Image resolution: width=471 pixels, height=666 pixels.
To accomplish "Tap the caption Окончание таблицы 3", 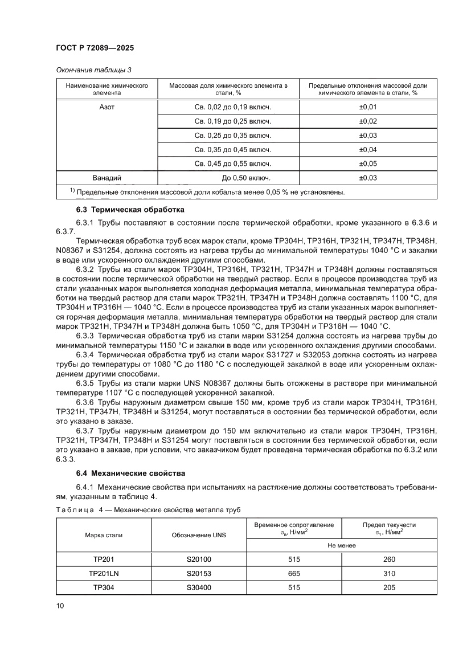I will (93, 70).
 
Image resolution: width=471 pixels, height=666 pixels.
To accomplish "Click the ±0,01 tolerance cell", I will (368, 107).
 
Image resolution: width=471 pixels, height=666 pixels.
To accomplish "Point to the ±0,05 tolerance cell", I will (368, 164).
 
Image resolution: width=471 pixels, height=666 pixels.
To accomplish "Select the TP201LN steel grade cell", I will (104, 573).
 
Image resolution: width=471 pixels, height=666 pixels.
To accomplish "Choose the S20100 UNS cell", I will (199, 559).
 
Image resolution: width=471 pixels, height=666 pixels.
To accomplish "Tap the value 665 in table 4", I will (294, 573).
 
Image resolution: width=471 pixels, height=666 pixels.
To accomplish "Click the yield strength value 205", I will (390, 587).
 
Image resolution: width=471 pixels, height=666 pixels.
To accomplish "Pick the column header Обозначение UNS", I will (199, 535).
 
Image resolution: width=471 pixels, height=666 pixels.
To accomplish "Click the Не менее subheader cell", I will (342, 545).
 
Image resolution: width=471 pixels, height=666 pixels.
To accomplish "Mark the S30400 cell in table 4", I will (199, 587).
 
